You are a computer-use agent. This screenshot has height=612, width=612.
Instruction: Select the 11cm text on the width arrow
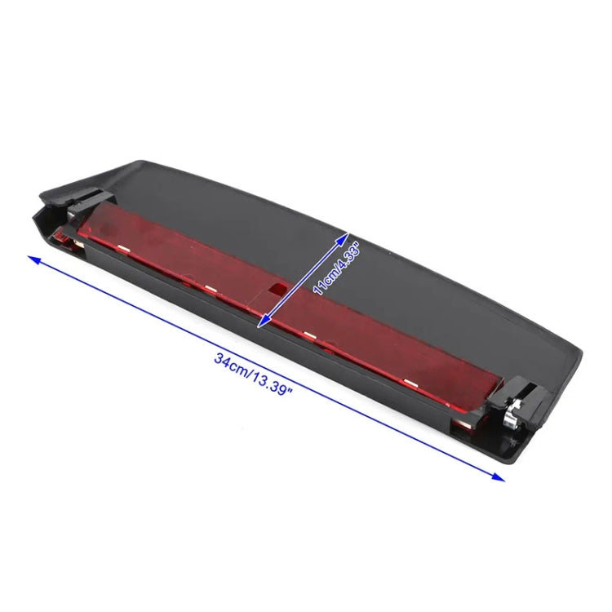(323, 280)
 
